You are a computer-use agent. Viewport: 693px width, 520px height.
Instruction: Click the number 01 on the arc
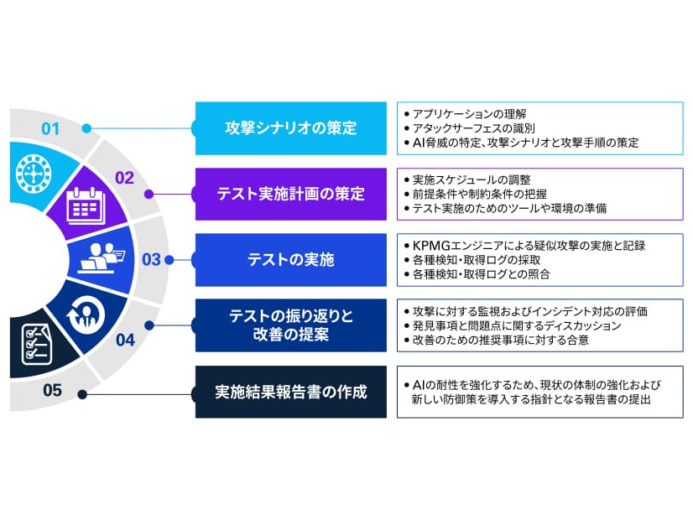click(51, 129)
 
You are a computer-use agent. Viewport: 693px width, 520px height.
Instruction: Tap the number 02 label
click(124, 177)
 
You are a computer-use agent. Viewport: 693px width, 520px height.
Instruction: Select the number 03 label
click(151, 260)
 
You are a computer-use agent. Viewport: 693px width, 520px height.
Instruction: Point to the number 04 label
click(125, 340)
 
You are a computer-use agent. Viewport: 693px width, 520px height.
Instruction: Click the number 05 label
click(52, 389)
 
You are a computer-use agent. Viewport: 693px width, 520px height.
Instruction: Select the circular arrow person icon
click(86, 314)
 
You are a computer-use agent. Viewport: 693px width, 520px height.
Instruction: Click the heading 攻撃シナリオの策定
click(290, 128)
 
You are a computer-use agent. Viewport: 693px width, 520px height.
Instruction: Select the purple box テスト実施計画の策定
click(290, 194)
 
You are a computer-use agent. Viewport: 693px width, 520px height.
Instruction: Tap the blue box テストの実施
click(290, 260)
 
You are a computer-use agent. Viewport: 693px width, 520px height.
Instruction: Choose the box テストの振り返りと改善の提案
click(290, 325)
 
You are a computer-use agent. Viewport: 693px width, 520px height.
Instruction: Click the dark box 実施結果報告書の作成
click(290, 392)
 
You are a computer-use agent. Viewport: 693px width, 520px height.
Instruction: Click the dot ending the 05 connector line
click(81, 393)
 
